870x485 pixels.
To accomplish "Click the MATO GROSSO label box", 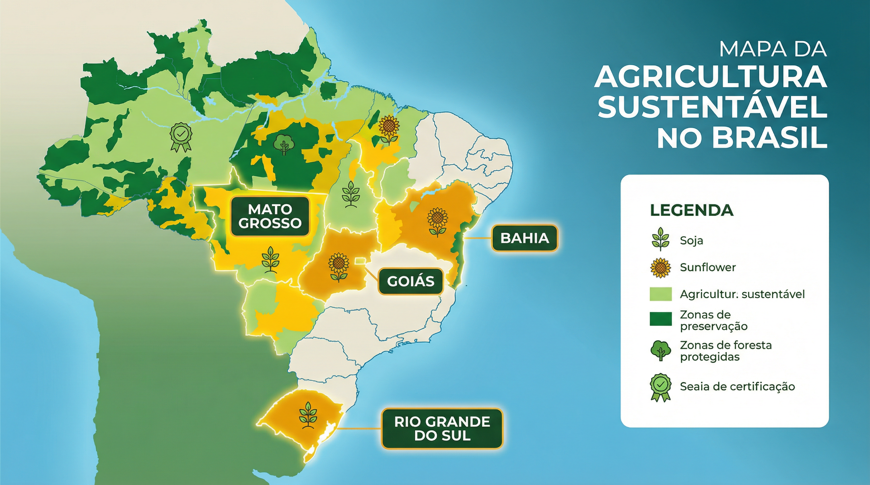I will click(270, 216).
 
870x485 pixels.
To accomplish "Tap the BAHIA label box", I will click(524, 238).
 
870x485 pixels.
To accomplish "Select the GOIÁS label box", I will click(410, 281).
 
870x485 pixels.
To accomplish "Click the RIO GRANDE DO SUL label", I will click(442, 428).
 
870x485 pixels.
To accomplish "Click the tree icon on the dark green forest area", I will click(284, 144).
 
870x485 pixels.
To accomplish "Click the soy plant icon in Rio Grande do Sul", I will click(308, 415).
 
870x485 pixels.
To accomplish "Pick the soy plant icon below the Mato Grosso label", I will click(270, 259).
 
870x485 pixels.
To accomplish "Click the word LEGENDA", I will click(691, 210).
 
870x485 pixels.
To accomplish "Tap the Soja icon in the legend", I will click(660, 239).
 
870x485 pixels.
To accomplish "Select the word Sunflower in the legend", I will click(708, 267).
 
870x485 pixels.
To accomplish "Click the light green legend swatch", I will click(661, 294).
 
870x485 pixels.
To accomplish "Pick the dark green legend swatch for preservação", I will click(661, 319).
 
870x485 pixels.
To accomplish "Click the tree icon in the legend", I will click(660, 351).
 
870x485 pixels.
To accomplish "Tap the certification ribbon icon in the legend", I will click(660, 387).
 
